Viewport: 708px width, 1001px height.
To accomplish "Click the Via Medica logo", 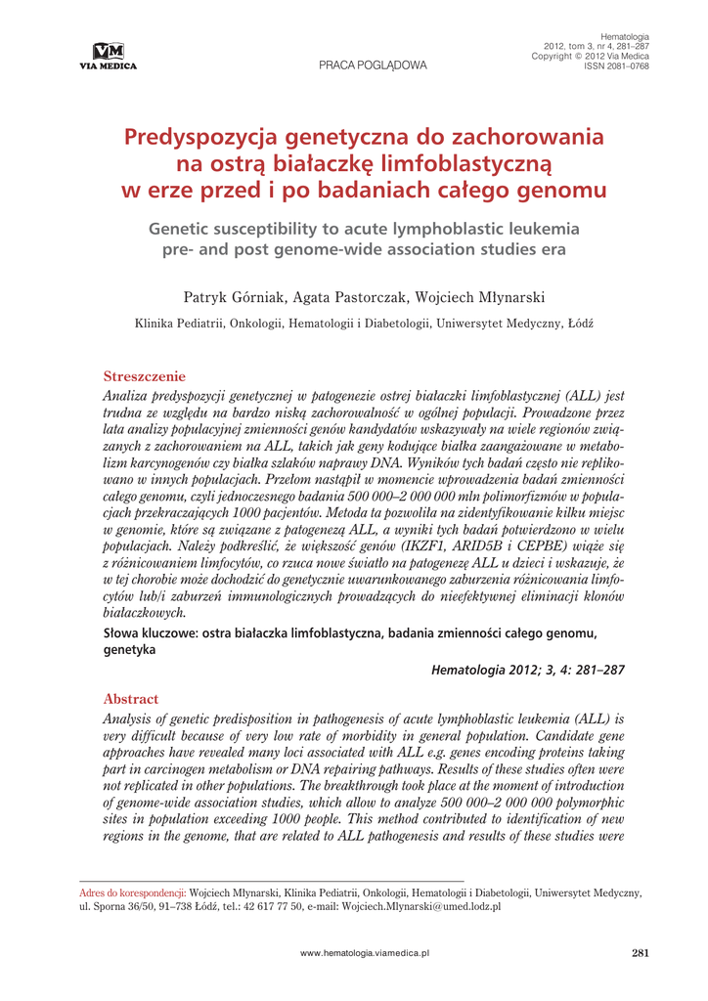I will (x=115, y=57).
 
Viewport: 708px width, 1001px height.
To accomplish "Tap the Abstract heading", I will (x=130, y=699).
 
